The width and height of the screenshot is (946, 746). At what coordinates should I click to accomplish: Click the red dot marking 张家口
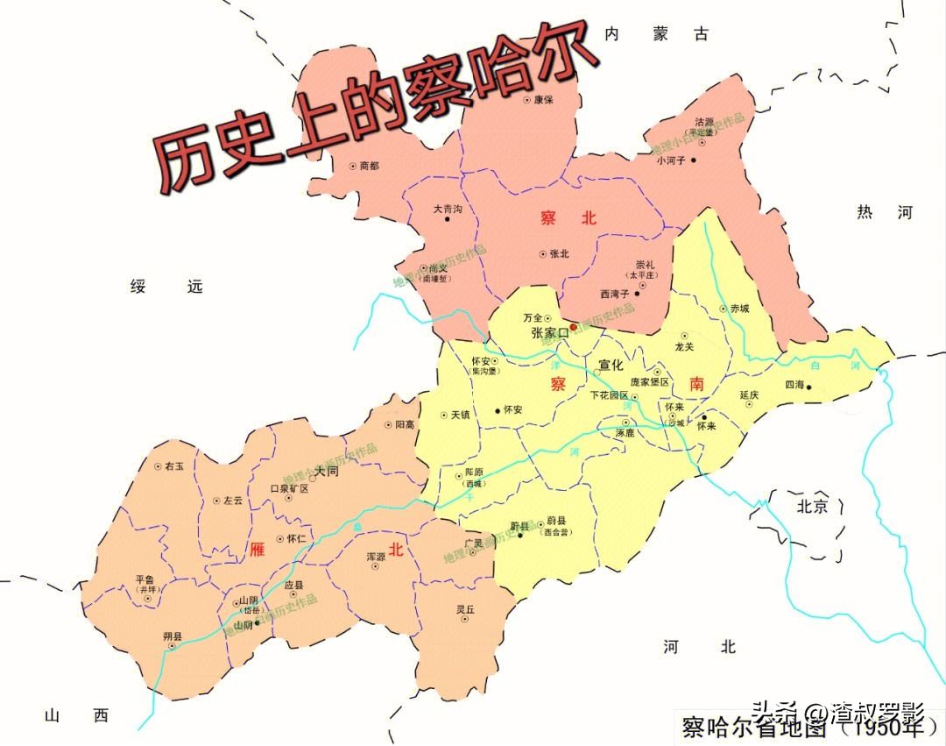tap(574, 327)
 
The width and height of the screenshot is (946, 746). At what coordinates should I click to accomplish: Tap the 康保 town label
tap(543, 99)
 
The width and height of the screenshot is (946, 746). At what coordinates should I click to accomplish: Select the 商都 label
tap(370, 165)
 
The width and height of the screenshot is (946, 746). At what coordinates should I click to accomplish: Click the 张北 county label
tap(559, 254)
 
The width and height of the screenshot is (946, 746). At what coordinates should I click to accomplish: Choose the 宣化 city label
tap(611, 364)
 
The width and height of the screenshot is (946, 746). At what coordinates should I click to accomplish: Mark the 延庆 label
tap(749, 394)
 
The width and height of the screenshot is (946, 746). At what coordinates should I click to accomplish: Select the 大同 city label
tap(326, 471)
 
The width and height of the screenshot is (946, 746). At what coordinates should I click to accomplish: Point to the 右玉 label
tap(174, 467)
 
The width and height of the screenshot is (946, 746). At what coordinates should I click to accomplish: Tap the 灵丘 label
tap(465, 609)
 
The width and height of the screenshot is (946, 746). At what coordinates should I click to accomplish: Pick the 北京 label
tap(812, 506)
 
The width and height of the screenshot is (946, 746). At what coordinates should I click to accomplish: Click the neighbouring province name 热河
tap(886, 212)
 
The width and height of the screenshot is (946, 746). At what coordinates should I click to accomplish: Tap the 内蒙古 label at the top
tap(656, 34)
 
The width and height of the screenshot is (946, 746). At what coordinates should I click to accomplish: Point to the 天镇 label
tap(461, 414)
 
